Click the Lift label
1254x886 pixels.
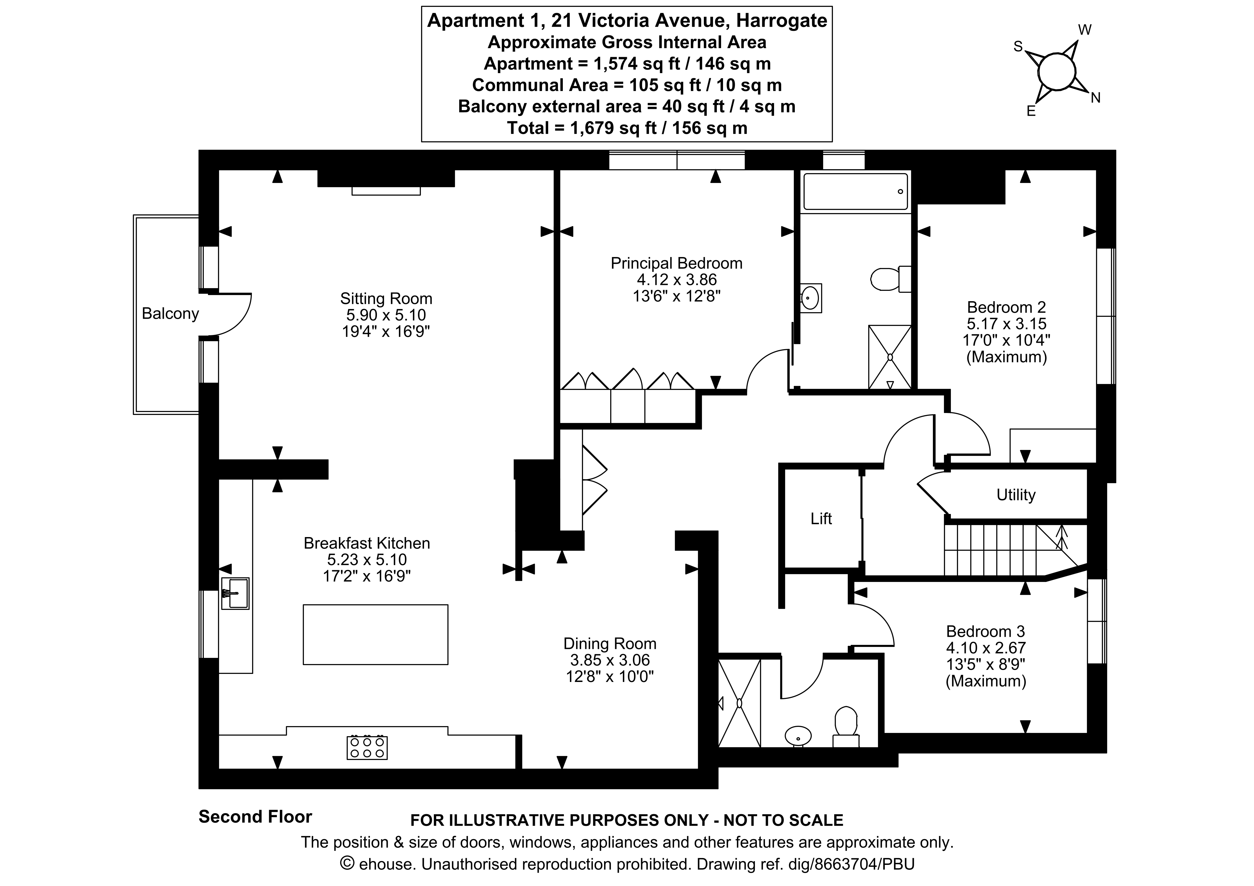click(821, 519)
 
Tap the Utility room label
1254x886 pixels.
click(1015, 495)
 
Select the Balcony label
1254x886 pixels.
click(170, 314)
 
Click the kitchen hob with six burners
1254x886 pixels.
click(367, 747)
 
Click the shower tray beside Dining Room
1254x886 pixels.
click(739, 703)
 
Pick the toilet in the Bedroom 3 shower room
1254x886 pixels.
click(846, 724)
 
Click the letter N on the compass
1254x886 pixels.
click(1095, 98)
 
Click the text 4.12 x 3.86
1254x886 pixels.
click(676, 280)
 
